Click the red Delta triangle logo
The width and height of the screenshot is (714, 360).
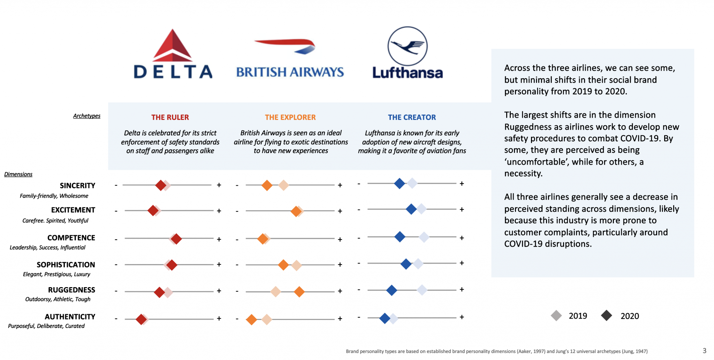tap(173, 46)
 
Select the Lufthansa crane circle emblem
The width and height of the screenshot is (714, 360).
tap(408, 46)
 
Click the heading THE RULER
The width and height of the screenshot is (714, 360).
tap(170, 117)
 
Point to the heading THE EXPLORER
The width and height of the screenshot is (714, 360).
tap(290, 117)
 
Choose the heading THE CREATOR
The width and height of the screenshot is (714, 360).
tap(412, 117)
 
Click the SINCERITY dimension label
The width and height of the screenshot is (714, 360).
tap(77, 186)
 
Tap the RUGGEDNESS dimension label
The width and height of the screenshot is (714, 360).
tap(71, 290)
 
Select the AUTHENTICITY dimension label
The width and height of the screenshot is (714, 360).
tap(70, 317)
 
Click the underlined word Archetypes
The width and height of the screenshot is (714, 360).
tap(87, 116)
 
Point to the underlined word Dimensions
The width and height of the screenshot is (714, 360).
tap(18, 174)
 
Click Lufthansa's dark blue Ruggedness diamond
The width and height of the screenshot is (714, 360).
tap(392, 290)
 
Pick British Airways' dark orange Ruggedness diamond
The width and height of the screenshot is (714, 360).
tap(299, 292)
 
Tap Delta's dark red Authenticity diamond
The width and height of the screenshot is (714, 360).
tap(141, 319)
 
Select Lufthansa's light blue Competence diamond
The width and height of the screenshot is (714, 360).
tap(424, 237)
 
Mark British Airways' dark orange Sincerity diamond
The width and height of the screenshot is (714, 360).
tap(267, 185)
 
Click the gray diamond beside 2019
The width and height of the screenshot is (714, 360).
tap(556, 316)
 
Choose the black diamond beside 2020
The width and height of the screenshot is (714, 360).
tap(607, 316)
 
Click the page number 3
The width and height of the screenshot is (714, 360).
tap(705, 351)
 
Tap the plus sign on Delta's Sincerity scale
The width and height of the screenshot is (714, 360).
tap(219, 185)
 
